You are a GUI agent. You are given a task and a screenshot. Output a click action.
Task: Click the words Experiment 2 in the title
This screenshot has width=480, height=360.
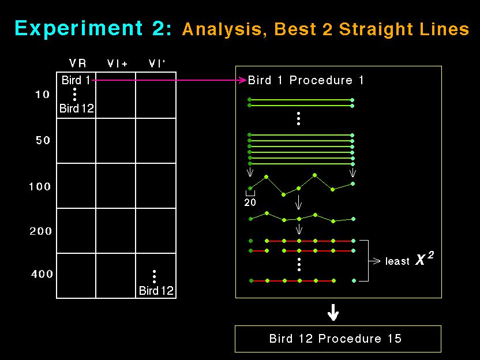click(93, 28)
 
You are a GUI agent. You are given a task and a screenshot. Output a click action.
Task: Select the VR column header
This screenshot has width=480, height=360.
click(78, 63)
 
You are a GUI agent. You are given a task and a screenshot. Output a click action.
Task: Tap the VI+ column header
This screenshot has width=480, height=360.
click(117, 63)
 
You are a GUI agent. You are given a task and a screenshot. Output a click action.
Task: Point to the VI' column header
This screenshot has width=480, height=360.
click(157, 63)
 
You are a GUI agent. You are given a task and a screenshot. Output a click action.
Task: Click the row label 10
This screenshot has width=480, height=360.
click(42, 94)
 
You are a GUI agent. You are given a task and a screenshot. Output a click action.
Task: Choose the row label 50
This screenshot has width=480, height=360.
click(43, 140)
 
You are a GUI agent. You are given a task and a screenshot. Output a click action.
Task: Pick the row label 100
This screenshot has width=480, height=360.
click(39, 186)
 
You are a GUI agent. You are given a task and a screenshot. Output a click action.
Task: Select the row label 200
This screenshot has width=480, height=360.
click(41, 231)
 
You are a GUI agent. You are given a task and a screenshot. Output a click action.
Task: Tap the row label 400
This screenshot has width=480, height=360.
click(42, 273)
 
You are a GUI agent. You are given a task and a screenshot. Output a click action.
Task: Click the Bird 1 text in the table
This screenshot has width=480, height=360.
click(76, 80)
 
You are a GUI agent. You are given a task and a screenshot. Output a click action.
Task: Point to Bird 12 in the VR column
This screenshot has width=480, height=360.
click(77, 108)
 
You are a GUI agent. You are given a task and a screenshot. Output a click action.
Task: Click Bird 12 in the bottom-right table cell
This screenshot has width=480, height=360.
click(156, 290)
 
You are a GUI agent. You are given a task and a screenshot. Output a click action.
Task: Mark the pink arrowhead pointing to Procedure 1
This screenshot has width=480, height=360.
click(243, 80)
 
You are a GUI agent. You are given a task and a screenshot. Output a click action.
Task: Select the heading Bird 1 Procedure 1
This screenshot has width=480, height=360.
click(306, 80)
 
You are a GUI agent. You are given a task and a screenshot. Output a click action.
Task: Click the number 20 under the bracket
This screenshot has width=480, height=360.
click(250, 202)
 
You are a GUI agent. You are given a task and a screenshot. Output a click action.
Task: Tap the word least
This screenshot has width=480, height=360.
click(397, 261)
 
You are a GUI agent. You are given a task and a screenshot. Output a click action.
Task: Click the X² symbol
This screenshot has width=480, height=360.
click(424, 258)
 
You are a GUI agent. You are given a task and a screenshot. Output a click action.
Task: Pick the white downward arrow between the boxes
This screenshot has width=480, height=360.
click(333, 312)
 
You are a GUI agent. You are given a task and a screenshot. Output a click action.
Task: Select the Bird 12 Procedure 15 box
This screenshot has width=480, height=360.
click(338, 339)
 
